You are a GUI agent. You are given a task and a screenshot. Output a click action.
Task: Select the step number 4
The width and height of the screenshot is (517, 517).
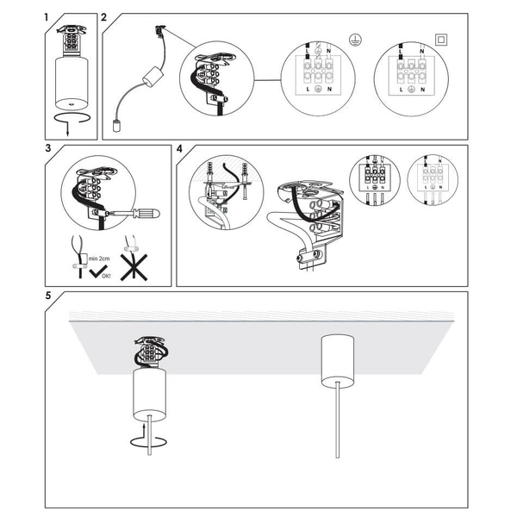(x=179, y=149)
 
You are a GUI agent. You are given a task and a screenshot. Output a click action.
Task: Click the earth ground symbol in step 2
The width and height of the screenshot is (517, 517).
(x=353, y=38)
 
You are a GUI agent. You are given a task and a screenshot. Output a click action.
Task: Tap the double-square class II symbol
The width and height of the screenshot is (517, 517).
(x=442, y=38)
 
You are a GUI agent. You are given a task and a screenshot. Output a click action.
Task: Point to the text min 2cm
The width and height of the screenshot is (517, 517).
(x=98, y=257)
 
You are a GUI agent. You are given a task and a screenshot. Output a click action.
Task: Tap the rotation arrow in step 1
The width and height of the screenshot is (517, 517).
(x=72, y=118)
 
